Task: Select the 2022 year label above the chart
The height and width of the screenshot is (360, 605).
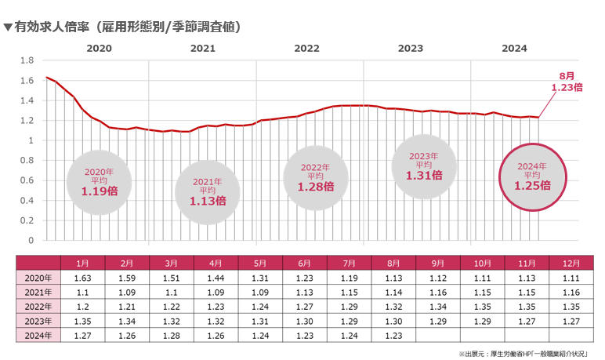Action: pyautogui.click(x=307, y=48)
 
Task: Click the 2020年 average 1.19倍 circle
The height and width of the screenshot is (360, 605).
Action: pyautogui.click(x=99, y=183)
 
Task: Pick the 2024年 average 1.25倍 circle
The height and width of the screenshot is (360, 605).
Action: pyautogui.click(x=532, y=177)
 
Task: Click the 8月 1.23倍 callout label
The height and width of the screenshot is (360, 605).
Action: pyautogui.click(x=566, y=82)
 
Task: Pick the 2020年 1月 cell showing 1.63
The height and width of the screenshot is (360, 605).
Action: pyautogui.click(x=82, y=278)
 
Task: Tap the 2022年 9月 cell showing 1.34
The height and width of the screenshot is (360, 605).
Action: pyautogui.click(x=438, y=307)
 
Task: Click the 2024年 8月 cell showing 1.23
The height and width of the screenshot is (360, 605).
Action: pyautogui.click(x=393, y=336)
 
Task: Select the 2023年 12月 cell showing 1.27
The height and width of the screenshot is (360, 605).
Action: pyautogui.click(x=571, y=322)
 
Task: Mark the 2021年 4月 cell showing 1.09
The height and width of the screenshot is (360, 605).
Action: pyautogui.click(x=215, y=293)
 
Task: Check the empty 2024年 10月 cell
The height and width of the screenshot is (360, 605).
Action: pyautogui.click(x=483, y=336)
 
